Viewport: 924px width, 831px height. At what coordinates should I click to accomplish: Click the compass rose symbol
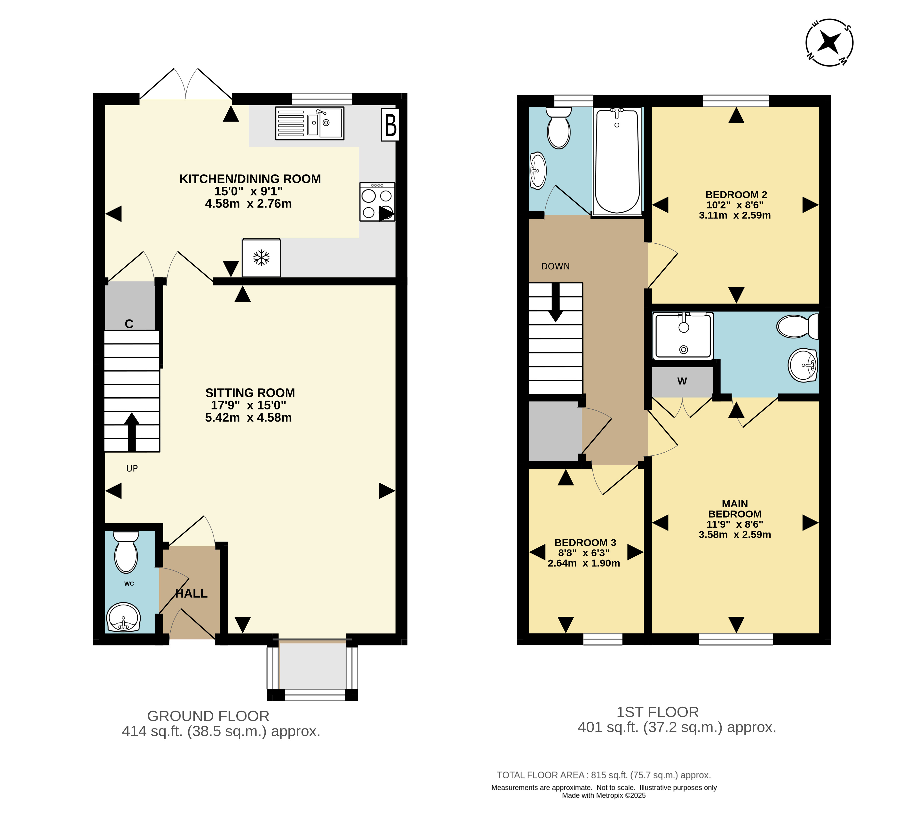829,42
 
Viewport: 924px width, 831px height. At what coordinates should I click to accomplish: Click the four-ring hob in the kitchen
377,202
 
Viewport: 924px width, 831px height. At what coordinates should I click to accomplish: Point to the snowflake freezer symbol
261,257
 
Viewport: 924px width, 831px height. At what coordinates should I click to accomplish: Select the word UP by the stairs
132,468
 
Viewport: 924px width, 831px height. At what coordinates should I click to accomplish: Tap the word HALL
191,594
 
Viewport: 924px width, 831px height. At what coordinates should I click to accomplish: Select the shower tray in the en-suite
683,336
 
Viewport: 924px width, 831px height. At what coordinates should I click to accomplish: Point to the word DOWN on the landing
555,266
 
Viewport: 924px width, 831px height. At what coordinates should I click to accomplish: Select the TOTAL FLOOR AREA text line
604,775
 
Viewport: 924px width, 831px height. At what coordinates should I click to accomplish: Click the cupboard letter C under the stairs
129,324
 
